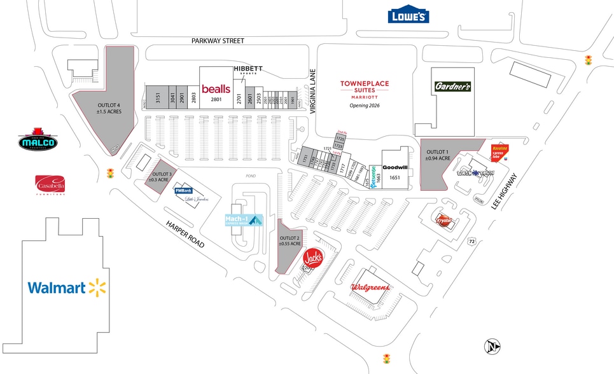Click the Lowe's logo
point(408,16)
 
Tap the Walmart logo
point(66,287)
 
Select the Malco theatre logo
point(38,141)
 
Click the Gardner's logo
point(453,86)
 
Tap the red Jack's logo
point(312,258)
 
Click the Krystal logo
point(443,219)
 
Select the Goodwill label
point(394,167)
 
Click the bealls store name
point(216,89)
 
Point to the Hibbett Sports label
point(248,70)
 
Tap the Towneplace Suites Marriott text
point(364,90)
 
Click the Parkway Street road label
point(218,41)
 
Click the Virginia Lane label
point(312,91)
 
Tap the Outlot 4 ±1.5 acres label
point(109,108)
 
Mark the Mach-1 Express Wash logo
point(244,221)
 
